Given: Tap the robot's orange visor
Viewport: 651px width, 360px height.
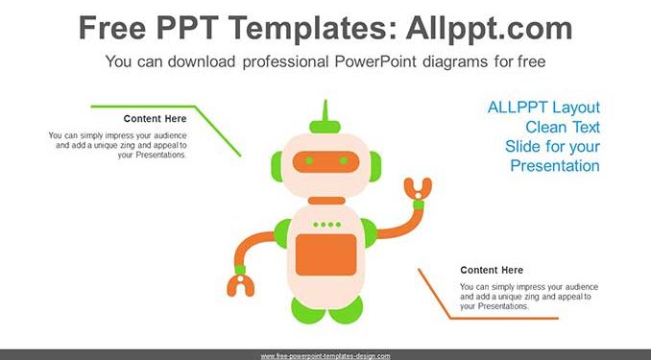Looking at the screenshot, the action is tap(325, 161).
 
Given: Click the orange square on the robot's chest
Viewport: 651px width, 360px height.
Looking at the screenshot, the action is tap(325, 254).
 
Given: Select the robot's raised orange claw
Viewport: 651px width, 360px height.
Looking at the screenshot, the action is tap(418, 189).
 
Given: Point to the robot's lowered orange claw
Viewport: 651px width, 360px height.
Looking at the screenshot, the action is tap(241, 286).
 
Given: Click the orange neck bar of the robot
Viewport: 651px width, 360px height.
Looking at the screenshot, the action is tap(326, 201).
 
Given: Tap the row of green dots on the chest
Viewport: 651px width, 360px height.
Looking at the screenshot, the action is tap(327, 225).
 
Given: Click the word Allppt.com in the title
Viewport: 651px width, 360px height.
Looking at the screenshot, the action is tap(489, 28).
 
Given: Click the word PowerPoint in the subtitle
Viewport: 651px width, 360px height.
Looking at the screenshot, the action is tap(375, 61).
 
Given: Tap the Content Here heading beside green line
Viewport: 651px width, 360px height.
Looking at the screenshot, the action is tap(155, 119).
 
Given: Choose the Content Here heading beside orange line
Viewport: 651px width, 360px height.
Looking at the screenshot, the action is tap(492, 270).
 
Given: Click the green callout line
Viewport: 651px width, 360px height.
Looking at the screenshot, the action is tap(195, 108).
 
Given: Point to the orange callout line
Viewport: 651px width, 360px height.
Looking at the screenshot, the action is tap(450, 318).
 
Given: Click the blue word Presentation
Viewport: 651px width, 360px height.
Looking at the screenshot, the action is tap(555, 166).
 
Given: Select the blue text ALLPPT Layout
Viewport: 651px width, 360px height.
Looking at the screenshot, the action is tap(543, 108).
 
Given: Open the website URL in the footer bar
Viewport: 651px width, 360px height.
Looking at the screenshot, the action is tap(325, 356).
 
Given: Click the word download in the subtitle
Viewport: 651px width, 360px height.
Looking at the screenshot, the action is tap(202, 61).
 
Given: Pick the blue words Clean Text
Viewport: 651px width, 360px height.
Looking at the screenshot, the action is tap(563, 127).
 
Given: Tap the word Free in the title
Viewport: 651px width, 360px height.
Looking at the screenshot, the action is tap(112, 28).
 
